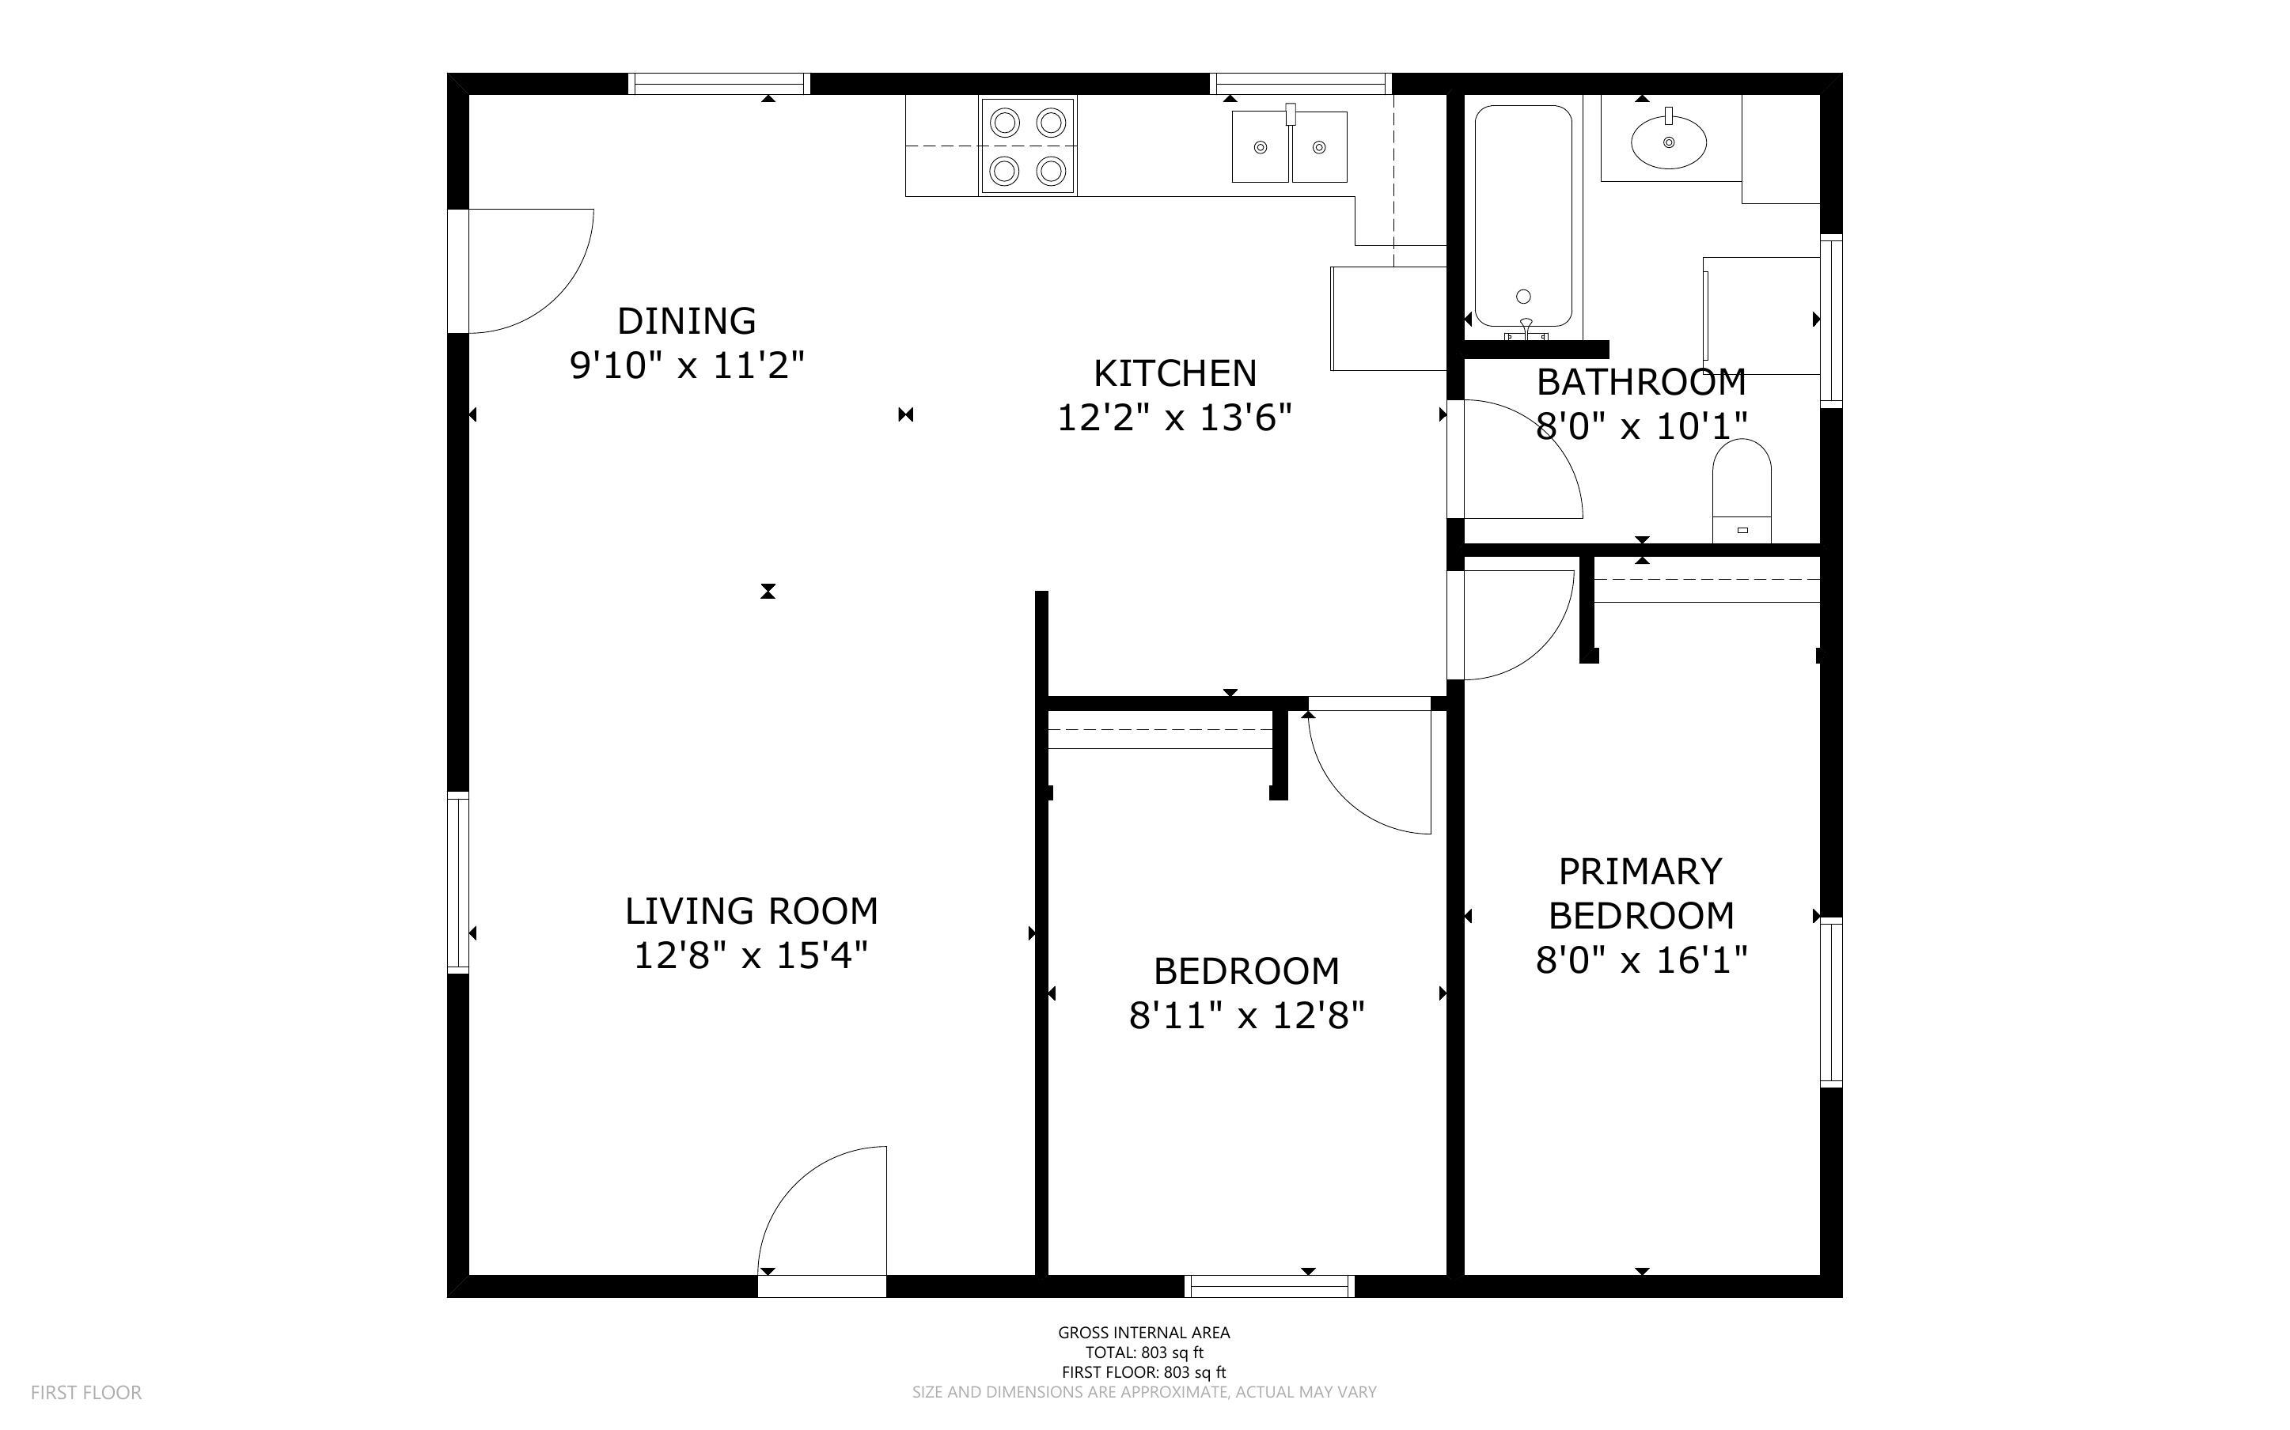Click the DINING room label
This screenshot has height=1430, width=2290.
(x=686, y=320)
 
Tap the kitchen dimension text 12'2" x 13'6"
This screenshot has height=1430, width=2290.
(x=1173, y=417)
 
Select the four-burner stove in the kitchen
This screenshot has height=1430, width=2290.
(x=1027, y=146)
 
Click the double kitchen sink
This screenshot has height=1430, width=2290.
(x=1288, y=146)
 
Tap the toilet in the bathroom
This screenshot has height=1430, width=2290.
(x=1742, y=492)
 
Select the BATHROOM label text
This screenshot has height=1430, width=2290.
(x=1640, y=382)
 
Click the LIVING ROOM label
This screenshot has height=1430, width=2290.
(x=751, y=911)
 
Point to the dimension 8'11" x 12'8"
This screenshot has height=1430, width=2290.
(x=1245, y=1016)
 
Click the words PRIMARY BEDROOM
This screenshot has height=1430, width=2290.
(x=1640, y=893)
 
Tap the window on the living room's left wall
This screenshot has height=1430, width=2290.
(x=458, y=883)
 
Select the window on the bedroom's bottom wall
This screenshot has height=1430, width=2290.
(x=1268, y=1285)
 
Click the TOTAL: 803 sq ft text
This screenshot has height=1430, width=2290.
(x=1143, y=1352)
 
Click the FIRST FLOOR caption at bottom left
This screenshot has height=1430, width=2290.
(x=86, y=1392)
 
